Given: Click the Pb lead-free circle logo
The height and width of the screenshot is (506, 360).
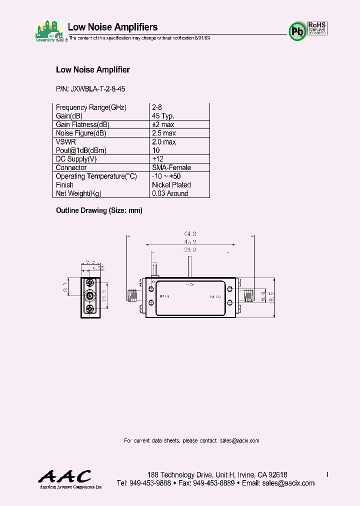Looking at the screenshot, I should [x=297, y=31].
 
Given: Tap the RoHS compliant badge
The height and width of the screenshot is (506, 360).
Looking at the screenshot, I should [x=317, y=27].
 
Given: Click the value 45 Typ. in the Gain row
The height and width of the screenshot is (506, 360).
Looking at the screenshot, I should [x=163, y=116].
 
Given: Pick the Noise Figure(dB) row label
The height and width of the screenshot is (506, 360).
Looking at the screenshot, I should [x=81, y=133].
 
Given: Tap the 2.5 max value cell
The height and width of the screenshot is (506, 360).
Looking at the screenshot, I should [x=163, y=133].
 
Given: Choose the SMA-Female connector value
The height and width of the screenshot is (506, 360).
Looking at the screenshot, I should [x=171, y=168].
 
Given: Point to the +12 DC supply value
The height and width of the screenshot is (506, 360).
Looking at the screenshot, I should [x=158, y=159].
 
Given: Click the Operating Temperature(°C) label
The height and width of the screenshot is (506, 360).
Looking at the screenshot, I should [x=96, y=176].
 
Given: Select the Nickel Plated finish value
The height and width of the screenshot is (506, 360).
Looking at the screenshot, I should [x=171, y=185].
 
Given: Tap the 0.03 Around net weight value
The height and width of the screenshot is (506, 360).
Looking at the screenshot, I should [x=170, y=193].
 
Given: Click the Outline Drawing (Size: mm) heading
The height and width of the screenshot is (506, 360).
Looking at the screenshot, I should [x=99, y=210].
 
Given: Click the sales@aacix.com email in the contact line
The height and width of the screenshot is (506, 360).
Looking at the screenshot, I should [x=239, y=440].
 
